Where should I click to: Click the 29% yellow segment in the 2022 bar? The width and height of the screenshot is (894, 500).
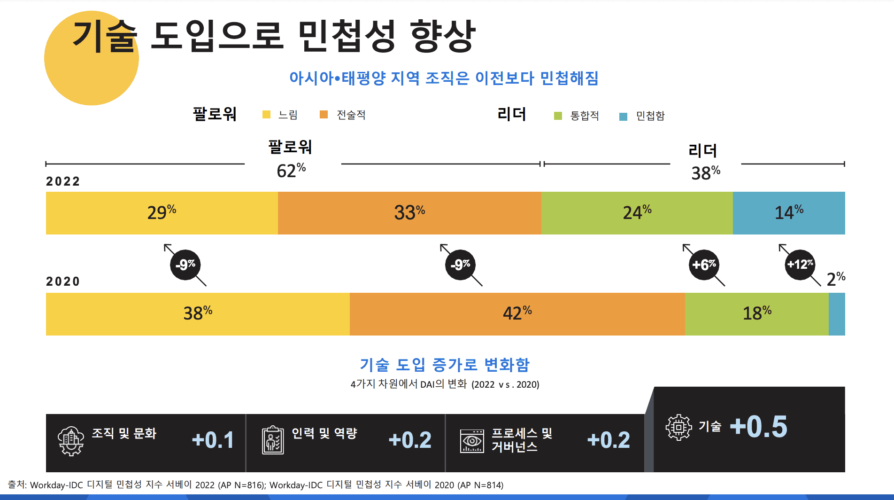[162, 213]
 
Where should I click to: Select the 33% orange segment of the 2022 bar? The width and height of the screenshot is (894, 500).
[409, 213]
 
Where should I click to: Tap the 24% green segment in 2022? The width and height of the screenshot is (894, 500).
[637, 213]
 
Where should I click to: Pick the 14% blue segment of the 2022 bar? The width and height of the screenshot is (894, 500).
[789, 213]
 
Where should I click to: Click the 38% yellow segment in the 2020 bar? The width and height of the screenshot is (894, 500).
[198, 314]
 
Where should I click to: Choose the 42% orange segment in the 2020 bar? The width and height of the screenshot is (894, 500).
[517, 314]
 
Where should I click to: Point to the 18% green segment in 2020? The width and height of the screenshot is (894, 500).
[756, 314]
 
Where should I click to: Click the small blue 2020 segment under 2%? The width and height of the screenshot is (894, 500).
[837, 314]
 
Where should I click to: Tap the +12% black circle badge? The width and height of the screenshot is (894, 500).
[800, 265]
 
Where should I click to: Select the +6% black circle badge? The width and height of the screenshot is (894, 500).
[704, 265]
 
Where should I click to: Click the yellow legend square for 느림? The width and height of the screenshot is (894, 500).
[266, 115]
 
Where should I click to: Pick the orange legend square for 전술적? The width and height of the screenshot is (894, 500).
[324, 115]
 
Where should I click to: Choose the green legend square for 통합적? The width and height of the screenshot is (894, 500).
[558, 116]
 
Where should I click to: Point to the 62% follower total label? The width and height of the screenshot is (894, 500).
[291, 171]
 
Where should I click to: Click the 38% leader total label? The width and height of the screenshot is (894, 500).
[706, 173]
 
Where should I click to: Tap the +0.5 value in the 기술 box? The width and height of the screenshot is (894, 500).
[758, 427]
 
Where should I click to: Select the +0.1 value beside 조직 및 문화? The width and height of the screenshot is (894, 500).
[213, 440]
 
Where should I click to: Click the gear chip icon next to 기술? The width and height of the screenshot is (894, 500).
[678, 427]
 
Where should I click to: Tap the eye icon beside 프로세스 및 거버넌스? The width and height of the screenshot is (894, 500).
[472, 441]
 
